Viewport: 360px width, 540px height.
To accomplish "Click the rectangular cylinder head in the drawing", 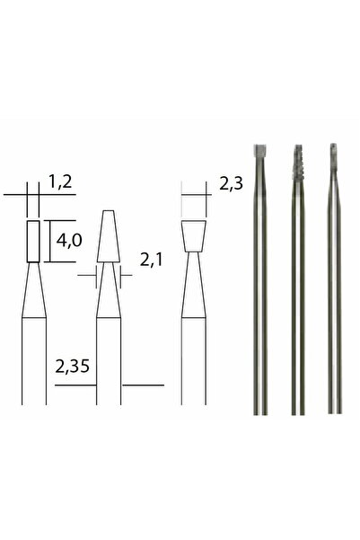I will (x=33, y=240).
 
